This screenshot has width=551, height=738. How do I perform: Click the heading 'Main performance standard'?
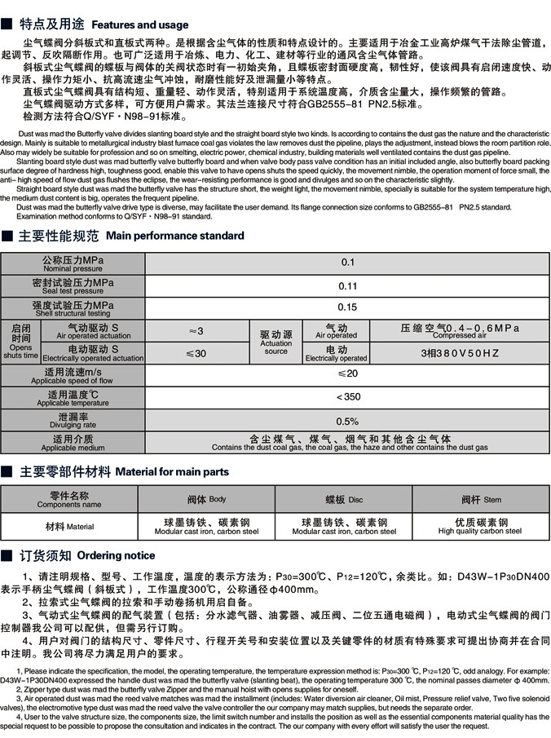(x=174, y=236)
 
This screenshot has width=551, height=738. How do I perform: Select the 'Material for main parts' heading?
(x=172, y=471)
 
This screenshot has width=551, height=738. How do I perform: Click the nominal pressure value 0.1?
(x=348, y=263)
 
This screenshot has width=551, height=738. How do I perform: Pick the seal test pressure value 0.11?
(x=348, y=285)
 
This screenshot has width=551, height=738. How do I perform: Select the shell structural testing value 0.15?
(x=348, y=307)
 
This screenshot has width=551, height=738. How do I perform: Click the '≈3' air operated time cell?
(x=196, y=330)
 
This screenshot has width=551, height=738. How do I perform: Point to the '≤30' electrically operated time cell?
(x=196, y=353)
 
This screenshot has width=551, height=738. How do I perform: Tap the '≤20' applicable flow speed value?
(x=348, y=374)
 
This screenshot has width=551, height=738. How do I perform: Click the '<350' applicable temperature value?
(x=348, y=397)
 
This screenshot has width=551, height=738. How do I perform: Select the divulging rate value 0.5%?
(x=348, y=421)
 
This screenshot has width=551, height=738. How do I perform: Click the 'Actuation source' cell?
(x=275, y=342)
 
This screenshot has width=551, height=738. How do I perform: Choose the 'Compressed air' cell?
(x=460, y=330)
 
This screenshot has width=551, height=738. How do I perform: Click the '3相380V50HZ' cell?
(x=460, y=353)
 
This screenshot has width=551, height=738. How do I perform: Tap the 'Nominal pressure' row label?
(x=73, y=263)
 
